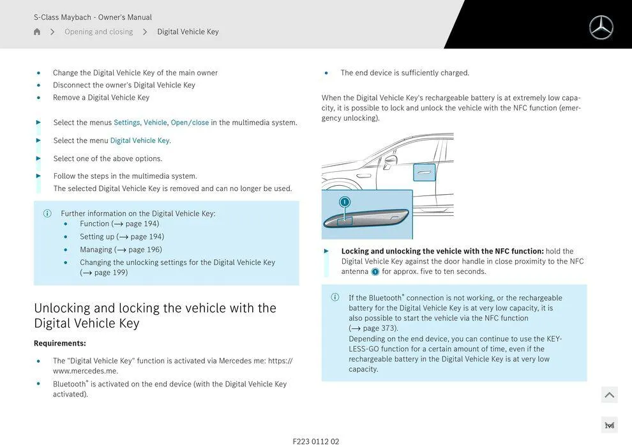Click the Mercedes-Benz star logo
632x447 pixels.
(601, 27)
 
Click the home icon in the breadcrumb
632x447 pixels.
(37, 32)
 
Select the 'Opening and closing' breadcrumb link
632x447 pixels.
(98, 32)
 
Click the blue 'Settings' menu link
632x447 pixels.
(126, 123)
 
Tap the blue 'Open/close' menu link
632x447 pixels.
(190, 123)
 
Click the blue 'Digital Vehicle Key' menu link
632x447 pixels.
(140, 140)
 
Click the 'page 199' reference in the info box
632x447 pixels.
(110, 273)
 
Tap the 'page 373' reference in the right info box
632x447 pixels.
(379, 328)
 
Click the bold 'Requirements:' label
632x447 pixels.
(60, 344)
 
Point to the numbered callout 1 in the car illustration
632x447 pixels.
(345, 202)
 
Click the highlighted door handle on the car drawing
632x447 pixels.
(425, 172)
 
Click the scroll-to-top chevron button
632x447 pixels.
(609, 395)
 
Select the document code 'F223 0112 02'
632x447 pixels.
(316, 441)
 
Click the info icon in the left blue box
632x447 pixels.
(47, 214)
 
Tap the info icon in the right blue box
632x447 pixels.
(335, 298)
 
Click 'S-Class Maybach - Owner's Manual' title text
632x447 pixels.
(93, 17)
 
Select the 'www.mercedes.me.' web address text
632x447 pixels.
(85, 371)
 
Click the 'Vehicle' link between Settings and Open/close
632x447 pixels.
(155, 123)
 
